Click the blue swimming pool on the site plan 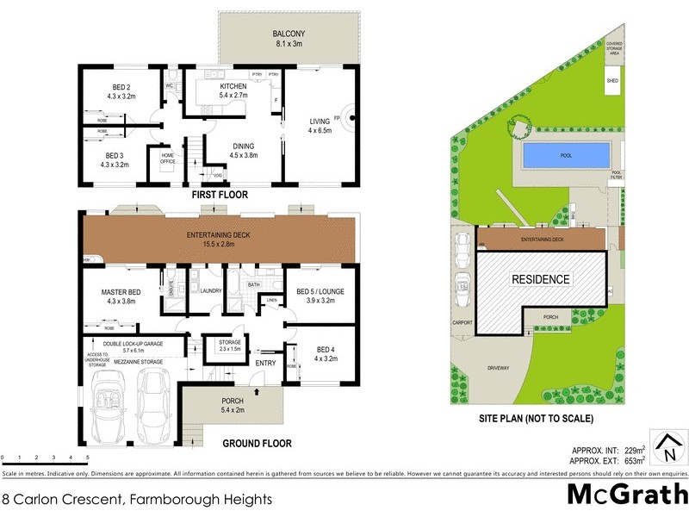[567, 156]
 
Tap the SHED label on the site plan [612, 81]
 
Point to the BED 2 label [121, 87]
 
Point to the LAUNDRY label [211, 291]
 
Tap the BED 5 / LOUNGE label [320, 292]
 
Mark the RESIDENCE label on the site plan [541, 279]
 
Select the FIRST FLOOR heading [221, 196]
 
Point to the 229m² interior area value [635, 451]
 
